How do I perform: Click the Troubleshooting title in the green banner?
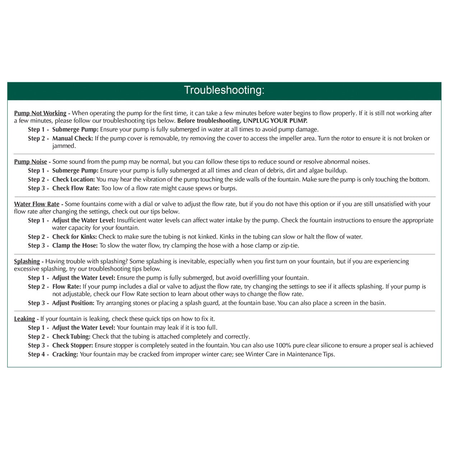click(x=224, y=90)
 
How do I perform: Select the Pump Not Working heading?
click(x=40, y=113)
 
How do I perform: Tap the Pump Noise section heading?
click(x=31, y=162)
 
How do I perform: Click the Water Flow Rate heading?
click(x=37, y=204)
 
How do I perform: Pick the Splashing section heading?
click(x=27, y=261)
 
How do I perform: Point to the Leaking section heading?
click(x=24, y=319)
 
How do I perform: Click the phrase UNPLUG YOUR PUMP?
click(x=275, y=121)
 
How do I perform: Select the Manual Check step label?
click(x=73, y=138)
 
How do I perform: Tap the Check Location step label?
click(x=74, y=179)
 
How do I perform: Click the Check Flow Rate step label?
click(x=76, y=188)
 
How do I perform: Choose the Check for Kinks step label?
click(x=74, y=237)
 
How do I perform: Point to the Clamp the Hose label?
click(x=75, y=246)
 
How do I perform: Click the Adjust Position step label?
click(x=73, y=303)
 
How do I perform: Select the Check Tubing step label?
click(x=71, y=337)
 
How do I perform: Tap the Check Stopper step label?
click(x=73, y=346)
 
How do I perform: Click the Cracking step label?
click(x=65, y=355)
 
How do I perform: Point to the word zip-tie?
click(x=290, y=246)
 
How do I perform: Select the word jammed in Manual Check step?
click(x=64, y=146)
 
